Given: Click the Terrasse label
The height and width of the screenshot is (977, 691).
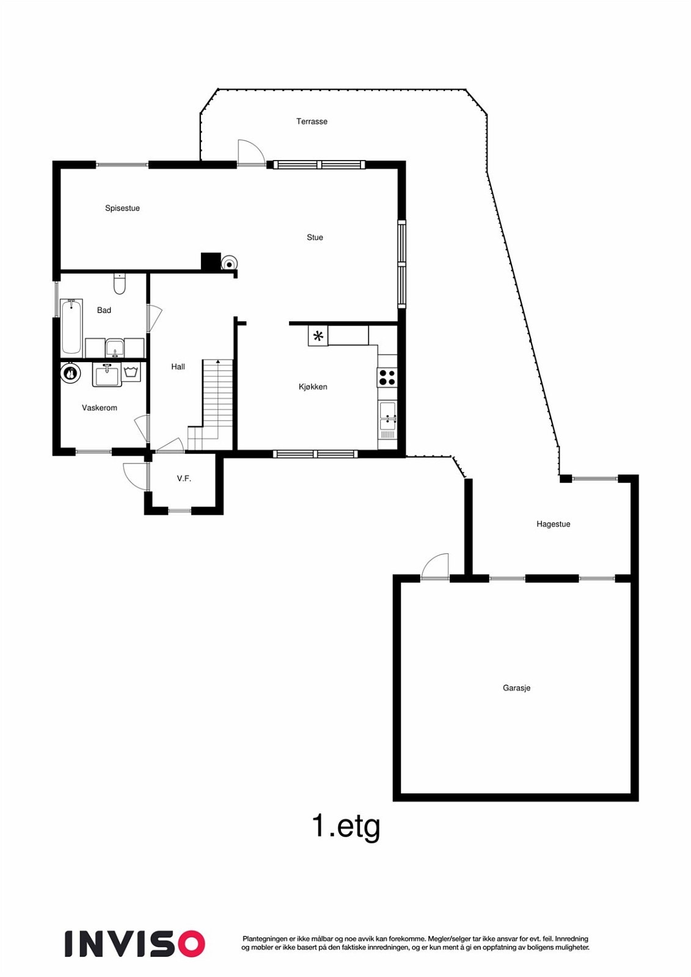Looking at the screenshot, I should [312, 122].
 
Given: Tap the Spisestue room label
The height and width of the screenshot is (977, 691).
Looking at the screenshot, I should [122, 208].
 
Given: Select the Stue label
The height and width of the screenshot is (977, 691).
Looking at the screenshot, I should [315, 238].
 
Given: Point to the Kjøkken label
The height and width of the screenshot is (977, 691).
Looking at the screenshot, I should [313, 387].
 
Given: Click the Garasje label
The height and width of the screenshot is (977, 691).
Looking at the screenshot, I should [516, 688].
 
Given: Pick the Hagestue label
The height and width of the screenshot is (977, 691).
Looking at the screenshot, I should [553, 524].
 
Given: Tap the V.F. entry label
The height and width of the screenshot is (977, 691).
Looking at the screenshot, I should [184, 479].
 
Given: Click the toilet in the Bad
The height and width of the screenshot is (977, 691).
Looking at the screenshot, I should [119, 284].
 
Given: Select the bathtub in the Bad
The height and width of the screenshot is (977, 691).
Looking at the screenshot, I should [71, 327].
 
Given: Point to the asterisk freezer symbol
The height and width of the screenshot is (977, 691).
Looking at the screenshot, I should [318, 336].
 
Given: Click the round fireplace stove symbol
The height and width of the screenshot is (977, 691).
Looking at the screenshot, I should [229, 263].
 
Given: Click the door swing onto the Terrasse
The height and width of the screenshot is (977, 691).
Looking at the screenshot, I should [250, 153].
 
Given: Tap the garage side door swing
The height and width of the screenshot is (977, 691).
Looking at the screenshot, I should [436, 566].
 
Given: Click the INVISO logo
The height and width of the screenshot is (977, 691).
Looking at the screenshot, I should [134, 943].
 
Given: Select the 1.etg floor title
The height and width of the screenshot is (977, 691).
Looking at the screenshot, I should [346, 826].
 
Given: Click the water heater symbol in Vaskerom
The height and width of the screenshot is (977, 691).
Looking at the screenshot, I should [71, 373].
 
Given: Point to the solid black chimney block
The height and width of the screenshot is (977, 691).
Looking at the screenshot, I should [211, 261].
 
